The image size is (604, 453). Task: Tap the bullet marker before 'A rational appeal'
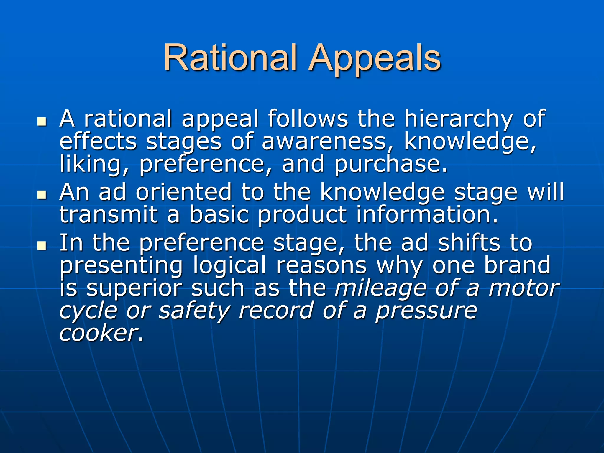point(42,122)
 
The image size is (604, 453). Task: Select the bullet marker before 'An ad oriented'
point(42,195)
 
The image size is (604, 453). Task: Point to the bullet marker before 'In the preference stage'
point(42,245)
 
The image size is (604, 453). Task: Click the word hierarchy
point(458,119)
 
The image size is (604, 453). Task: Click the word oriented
point(184,192)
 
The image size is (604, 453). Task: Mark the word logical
point(230,265)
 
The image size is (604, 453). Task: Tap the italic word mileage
point(380,288)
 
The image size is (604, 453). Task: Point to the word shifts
point(469,243)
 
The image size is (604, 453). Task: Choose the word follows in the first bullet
point(308,119)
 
